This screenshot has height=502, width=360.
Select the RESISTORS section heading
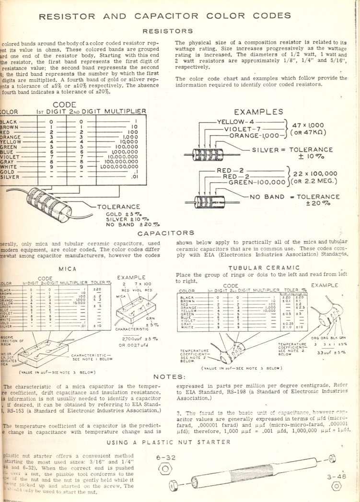click(168, 31)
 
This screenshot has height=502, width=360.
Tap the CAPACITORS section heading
click(166, 233)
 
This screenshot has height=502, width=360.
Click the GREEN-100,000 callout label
click(257, 183)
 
